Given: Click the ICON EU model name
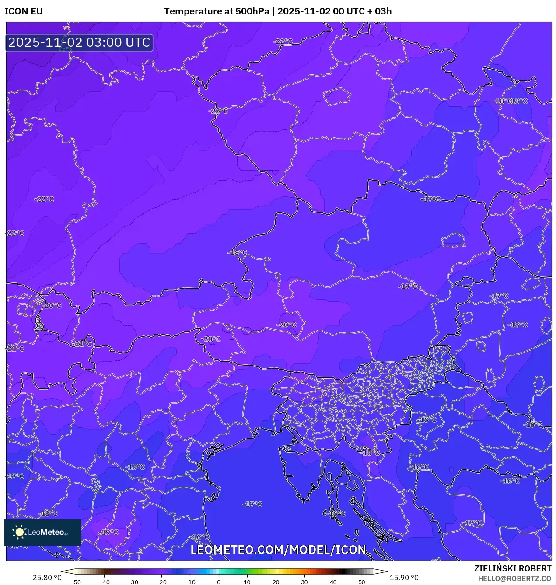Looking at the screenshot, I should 24,11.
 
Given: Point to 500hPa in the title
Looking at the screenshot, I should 252,11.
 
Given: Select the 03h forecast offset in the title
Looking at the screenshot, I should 383,11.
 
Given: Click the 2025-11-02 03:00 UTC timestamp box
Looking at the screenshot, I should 79,43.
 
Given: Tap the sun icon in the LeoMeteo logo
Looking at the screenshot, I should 19,532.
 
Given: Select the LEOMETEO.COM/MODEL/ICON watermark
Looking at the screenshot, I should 278,550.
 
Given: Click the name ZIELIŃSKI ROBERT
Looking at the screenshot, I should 513,568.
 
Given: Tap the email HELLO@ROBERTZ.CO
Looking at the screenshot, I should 514,578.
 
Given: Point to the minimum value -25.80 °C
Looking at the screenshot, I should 45,578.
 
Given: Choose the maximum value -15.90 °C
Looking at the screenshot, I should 402,578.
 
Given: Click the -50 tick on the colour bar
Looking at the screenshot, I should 76,582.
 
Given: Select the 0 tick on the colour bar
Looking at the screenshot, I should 219,582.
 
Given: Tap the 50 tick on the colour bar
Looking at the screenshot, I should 362,582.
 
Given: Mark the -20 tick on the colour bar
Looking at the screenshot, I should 161,582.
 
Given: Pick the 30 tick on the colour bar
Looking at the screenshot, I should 304,582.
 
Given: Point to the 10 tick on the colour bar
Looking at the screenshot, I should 247,582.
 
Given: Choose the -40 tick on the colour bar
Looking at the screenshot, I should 104,582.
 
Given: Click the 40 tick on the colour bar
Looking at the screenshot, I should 333,582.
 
